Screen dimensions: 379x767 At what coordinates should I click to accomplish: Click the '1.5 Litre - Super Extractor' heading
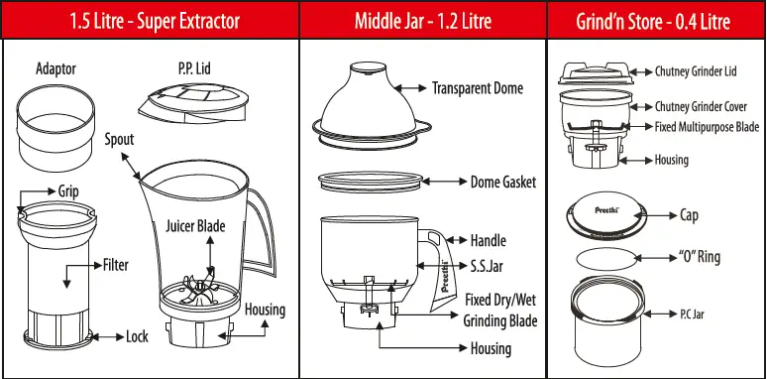pos(149,21)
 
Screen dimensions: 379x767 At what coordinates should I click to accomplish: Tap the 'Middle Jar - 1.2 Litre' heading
pos(422,21)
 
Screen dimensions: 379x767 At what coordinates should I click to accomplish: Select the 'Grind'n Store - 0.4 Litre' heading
pos(656,21)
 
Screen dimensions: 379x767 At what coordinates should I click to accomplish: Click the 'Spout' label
pos(119,140)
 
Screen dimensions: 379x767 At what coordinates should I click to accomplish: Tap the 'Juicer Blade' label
pos(195,226)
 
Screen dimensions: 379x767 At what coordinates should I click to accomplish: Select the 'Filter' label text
pos(116,266)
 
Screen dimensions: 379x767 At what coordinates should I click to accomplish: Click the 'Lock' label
pos(137,337)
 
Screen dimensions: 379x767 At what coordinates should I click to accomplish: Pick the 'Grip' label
pos(67,190)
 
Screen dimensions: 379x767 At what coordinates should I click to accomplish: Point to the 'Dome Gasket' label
pos(502,183)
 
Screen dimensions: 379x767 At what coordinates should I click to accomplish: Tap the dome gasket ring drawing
pos(368,183)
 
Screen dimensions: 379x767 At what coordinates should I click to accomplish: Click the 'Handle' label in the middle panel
pos(488,240)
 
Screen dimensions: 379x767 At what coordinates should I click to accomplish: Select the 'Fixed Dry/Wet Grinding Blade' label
pos(500,310)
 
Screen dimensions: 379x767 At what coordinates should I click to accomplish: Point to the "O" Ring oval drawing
pos(605,260)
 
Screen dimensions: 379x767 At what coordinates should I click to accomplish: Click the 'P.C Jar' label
pos(692,314)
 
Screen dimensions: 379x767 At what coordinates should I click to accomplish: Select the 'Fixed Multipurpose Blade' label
pos(707,127)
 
